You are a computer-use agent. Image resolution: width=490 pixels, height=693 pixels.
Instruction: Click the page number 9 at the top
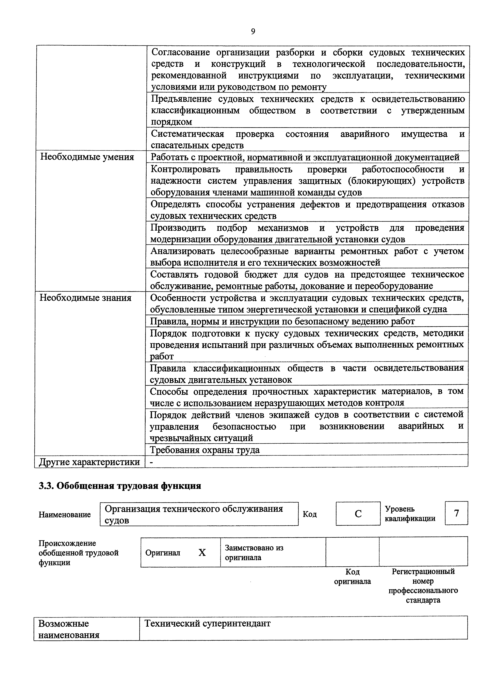click(253, 31)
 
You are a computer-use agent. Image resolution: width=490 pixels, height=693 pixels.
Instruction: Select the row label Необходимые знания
click(86, 298)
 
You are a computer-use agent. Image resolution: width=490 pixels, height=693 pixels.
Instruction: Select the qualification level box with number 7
click(456, 513)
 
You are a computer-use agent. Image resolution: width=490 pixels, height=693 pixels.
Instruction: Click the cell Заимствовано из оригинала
click(254, 552)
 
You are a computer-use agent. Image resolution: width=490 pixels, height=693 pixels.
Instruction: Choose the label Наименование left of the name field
click(65, 515)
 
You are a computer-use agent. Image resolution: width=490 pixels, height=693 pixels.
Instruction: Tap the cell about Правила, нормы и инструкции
click(282, 322)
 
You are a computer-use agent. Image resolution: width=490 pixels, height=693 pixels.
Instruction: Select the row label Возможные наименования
click(69, 629)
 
